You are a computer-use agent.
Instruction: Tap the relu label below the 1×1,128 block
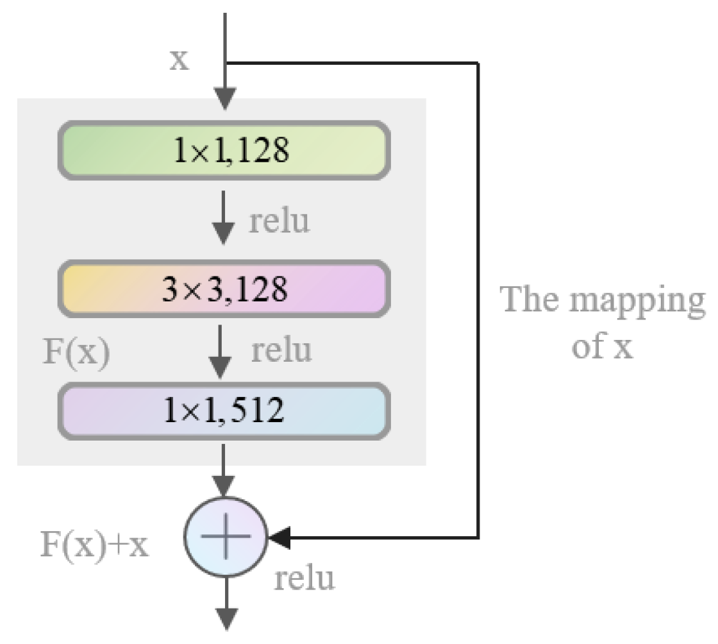(x=280, y=221)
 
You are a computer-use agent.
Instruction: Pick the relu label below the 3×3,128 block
(x=281, y=350)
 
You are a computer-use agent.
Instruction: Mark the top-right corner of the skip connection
(x=478, y=63)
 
